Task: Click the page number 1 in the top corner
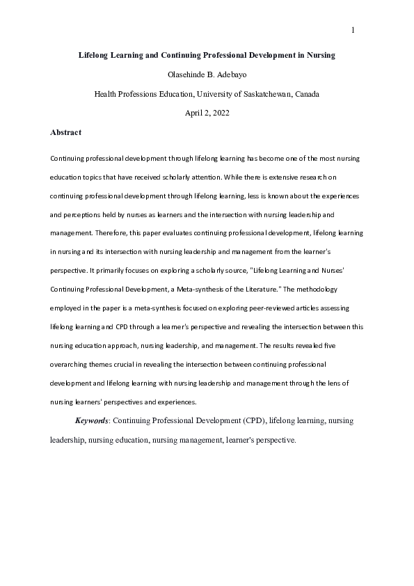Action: tap(353, 30)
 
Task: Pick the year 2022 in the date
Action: tap(219, 113)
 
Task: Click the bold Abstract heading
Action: tap(65, 132)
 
